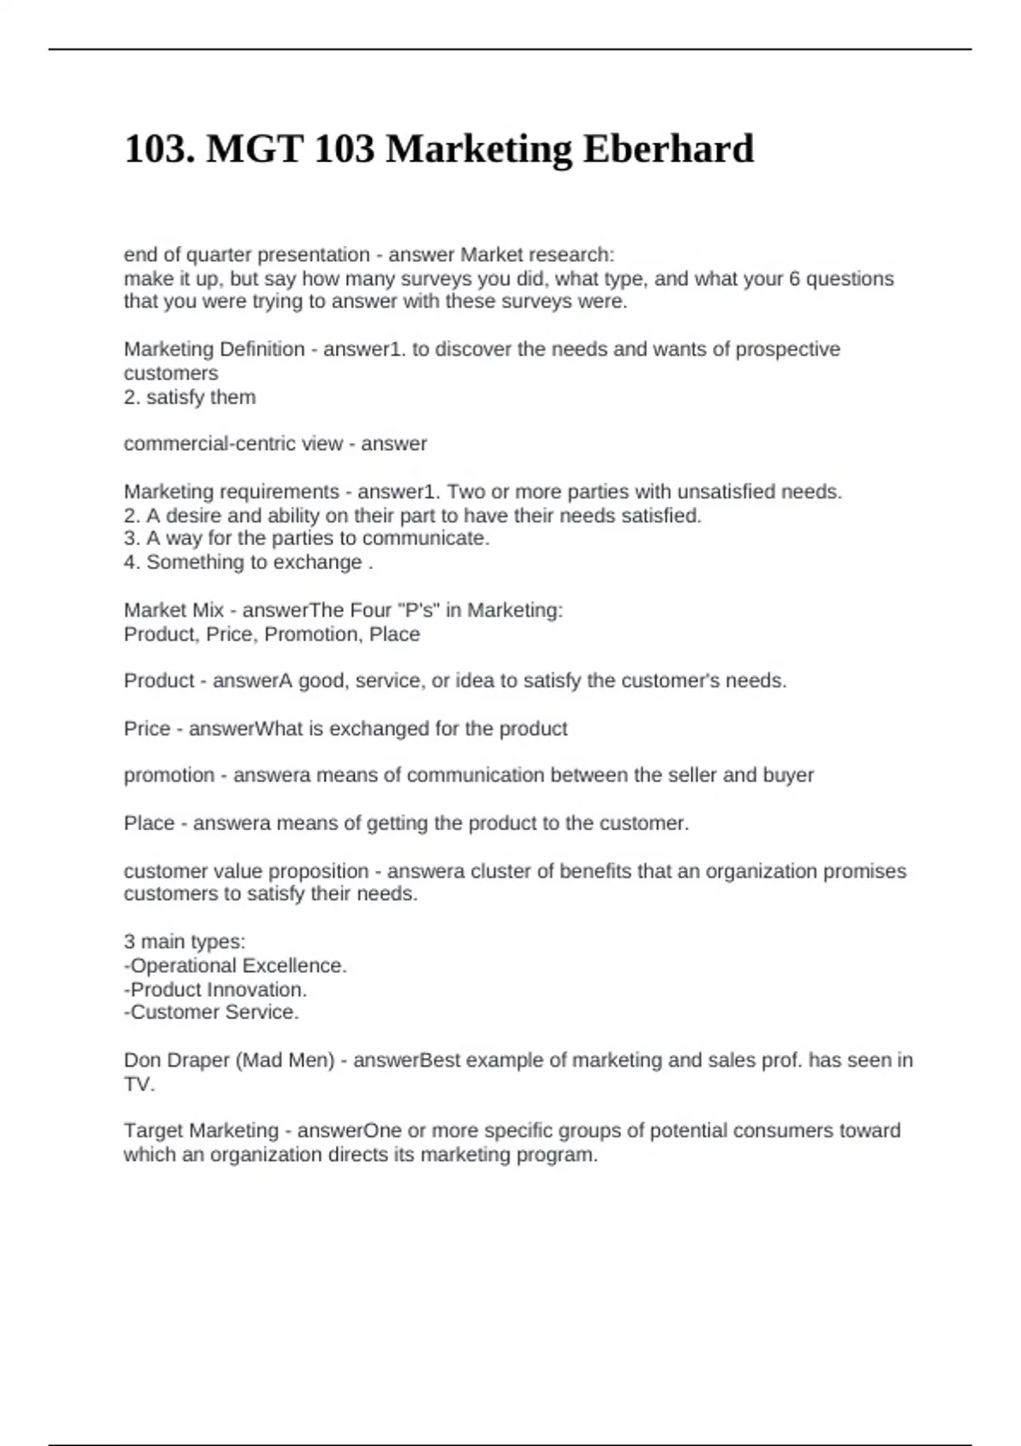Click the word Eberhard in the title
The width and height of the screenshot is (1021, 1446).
pyautogui.click(x=668, y=150)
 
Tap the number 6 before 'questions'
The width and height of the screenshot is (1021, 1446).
pyautogui.click(x=795, y=279)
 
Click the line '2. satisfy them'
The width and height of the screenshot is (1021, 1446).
pyautogui.click(x=190, y=397)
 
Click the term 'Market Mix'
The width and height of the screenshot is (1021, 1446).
pyautogui.click(x=174, y=611)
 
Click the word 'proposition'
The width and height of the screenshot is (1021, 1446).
pyautogui.click(x=318, y=872)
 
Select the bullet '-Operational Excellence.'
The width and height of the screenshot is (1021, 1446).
pyautogui.click(x=235, y=966)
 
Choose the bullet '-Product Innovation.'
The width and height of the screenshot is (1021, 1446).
pyautogui.click(x=215, y=990)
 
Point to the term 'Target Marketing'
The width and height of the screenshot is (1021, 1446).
pyautogui.click(x=201, y=1131)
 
